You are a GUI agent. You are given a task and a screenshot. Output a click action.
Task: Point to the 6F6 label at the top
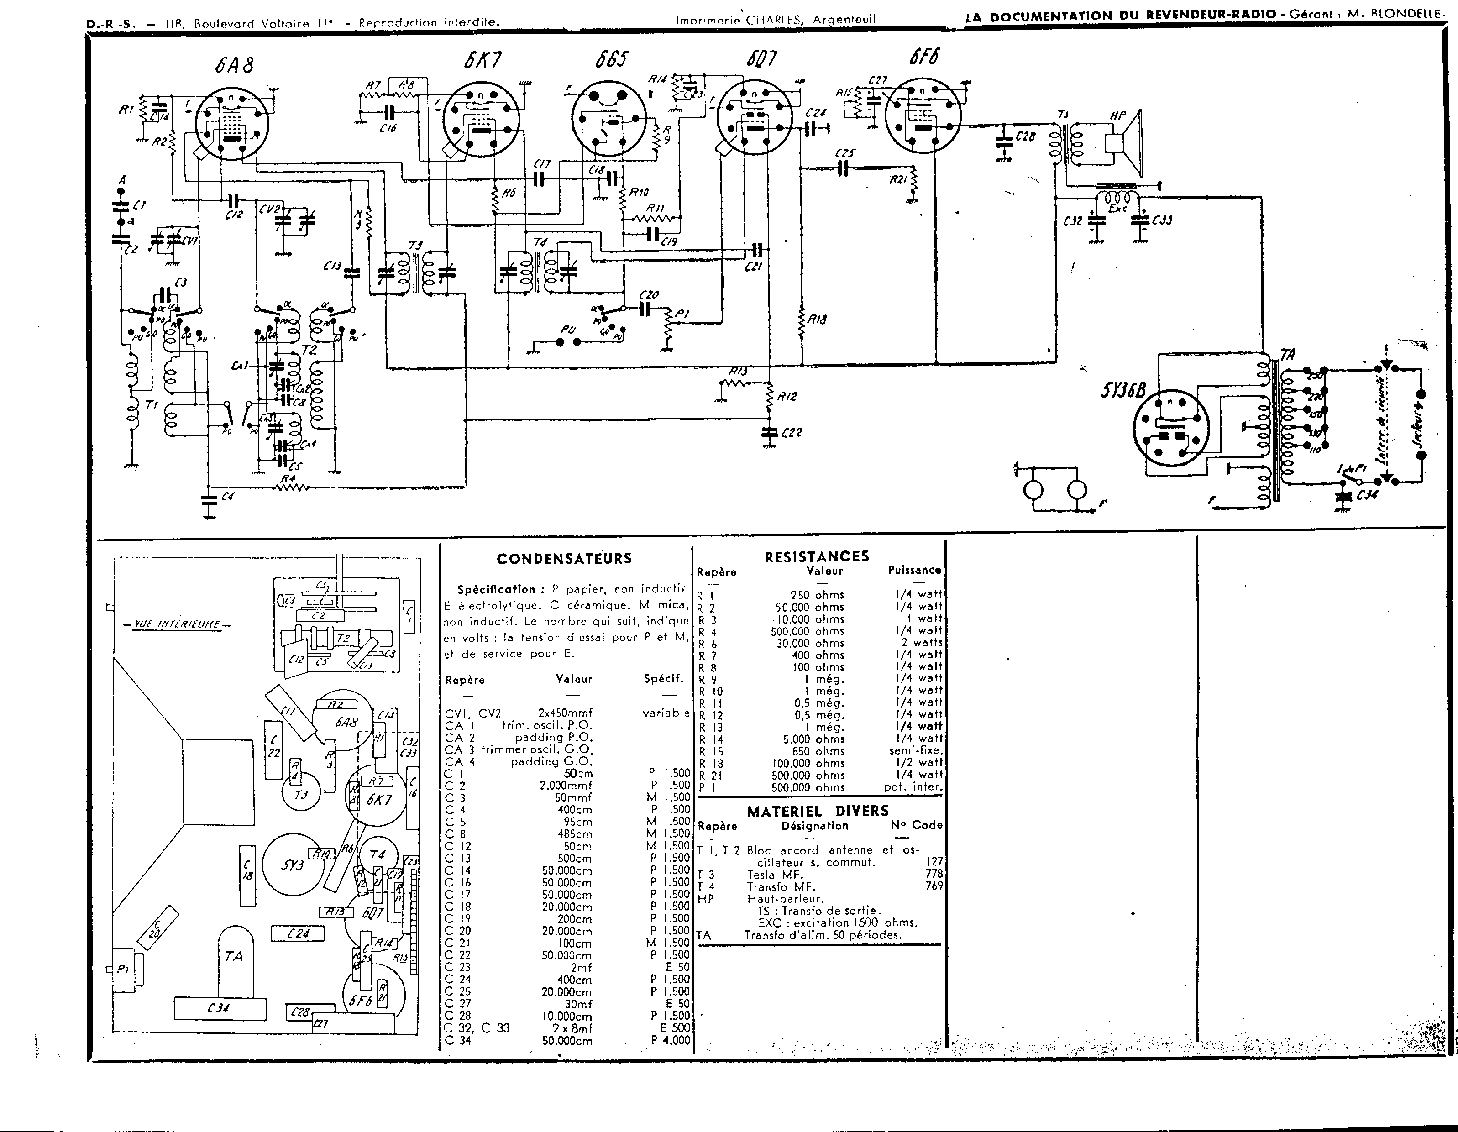923,58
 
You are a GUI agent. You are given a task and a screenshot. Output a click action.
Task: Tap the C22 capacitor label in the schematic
791,433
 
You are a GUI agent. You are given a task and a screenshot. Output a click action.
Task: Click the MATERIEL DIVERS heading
818,811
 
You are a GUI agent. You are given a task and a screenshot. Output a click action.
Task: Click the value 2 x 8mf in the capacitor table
567,1028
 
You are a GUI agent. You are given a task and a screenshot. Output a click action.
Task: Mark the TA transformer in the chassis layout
234,956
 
